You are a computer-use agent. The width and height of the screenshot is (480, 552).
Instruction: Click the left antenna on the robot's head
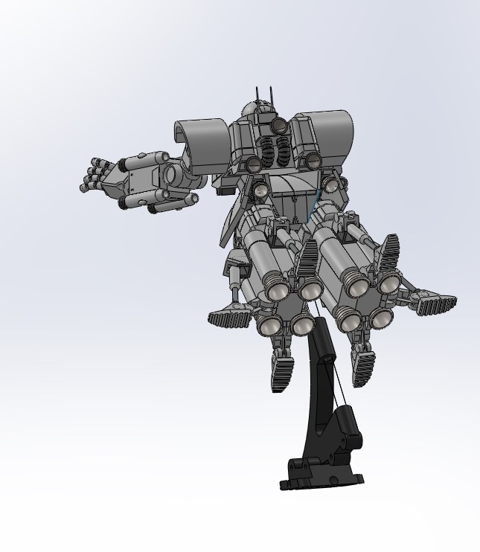pos(258,95)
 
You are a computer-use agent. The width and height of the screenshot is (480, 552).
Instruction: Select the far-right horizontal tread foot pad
pos(435,304)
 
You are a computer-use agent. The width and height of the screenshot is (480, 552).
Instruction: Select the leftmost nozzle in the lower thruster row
pos(268,324)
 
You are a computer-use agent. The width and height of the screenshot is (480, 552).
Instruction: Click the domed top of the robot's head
pos(258,111)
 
